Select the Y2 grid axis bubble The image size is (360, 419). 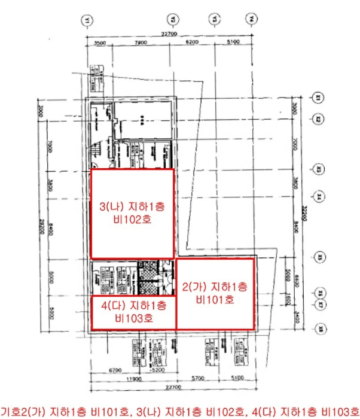tap(173, 20)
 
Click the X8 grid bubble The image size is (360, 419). tap(319, 328)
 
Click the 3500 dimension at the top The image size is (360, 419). tap(100, 43)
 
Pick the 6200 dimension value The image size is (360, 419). tap(192, 43)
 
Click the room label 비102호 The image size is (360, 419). tap(132, 220)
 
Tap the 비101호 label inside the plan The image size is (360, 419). tap(215, 297)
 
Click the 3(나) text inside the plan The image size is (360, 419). tap(111, 207)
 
